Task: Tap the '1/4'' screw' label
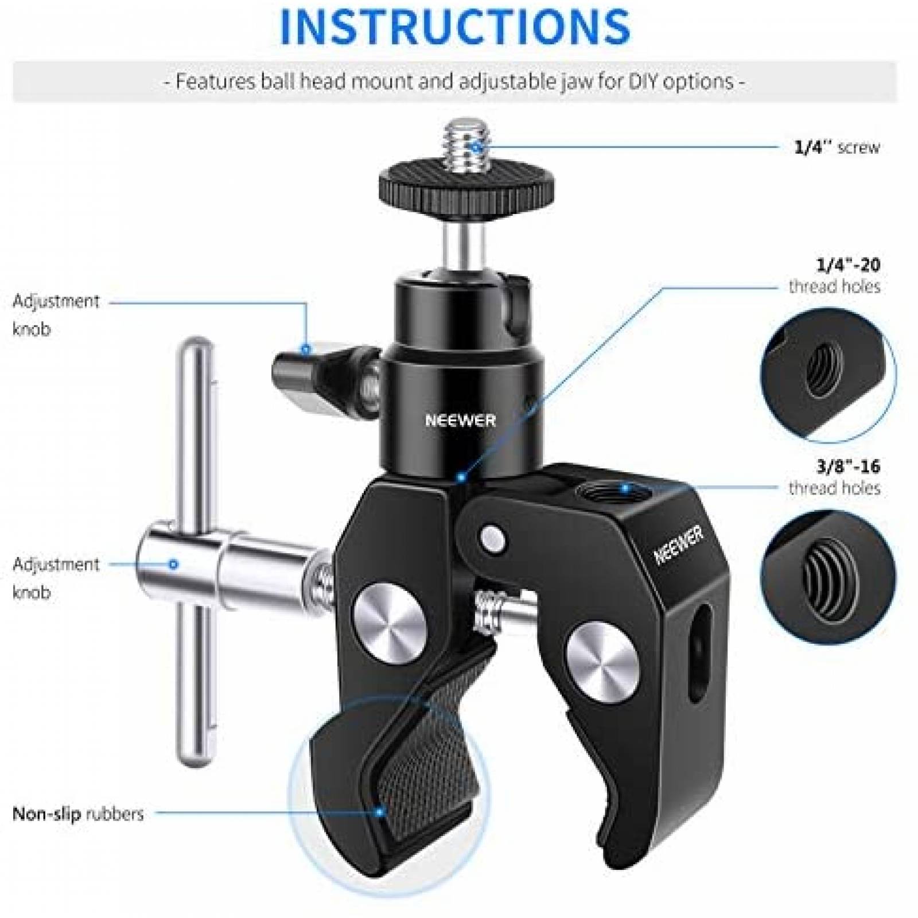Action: (837, 147)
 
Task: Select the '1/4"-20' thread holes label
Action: (834, 275)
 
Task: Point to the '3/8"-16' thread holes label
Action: (834, 477)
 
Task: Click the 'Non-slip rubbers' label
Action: (78, 814)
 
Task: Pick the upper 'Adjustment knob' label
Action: (56, 314)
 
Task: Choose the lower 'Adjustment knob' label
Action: (56, 578)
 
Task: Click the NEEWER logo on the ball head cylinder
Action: (460, 421)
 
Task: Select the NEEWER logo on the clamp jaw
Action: (679, 545)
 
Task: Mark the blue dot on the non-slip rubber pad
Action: (379, 812)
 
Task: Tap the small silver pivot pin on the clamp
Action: (493, 538)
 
